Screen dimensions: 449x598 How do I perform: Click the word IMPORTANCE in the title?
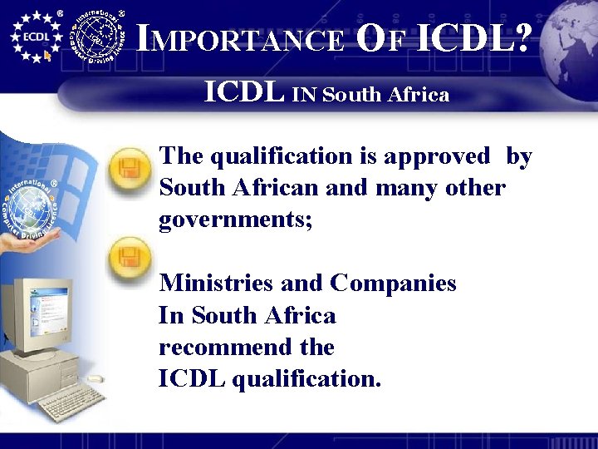[x=240, y=37]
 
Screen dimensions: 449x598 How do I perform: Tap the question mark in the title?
[x=520, y=37]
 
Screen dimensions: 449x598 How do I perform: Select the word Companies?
[x=393, y=284]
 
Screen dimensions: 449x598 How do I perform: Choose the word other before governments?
[x=473, y=188]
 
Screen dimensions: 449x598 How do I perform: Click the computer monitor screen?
[x=42, y=308]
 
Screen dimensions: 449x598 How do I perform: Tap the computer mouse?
[x=96, y=377]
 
